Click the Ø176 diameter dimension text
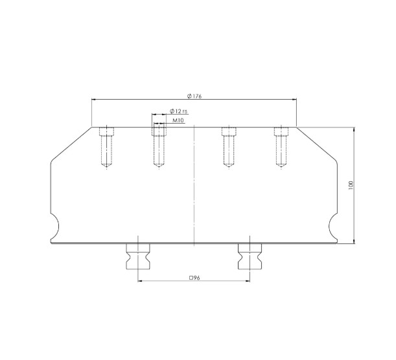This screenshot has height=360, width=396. point(194,96)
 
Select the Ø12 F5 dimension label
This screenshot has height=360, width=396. point(178,111)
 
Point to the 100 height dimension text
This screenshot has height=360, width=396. point(350,185)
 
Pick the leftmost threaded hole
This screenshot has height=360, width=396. point(106,146)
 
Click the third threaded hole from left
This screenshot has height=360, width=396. point(228,146)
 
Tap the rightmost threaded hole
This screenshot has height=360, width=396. point(281,146)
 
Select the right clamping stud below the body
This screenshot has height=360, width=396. point(249,258)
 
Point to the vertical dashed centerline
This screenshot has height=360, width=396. point(194,188)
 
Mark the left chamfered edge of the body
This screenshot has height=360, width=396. point(71,143)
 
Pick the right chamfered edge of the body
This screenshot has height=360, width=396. point(317,143)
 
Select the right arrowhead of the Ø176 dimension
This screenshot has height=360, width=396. point(295,99)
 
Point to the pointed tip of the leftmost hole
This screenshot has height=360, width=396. point(106,167)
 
